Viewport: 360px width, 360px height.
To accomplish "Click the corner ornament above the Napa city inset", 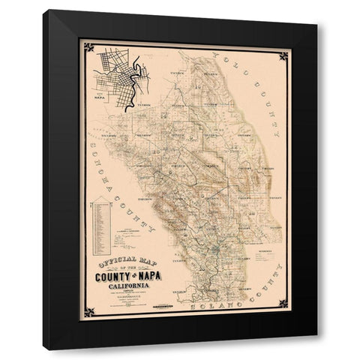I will [88, 47].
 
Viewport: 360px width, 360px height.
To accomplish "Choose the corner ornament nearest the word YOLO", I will [283, 55].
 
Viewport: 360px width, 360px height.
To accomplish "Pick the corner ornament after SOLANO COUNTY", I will [283, 303].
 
